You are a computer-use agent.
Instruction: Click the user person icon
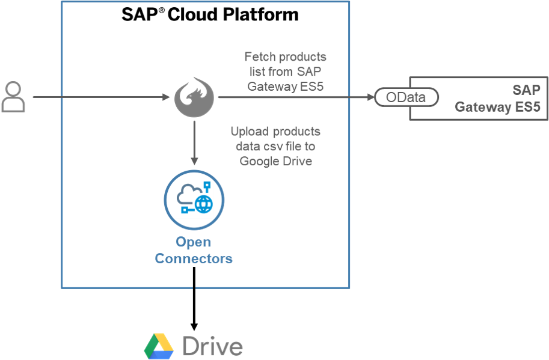[x=13, y=97]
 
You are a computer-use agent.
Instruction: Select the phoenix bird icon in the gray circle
[x=194, y=97]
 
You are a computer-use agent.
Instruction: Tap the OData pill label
[x=406, y=97]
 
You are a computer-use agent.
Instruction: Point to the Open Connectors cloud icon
[x=194, y=200]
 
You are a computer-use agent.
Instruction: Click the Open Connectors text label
[x=194, y=251]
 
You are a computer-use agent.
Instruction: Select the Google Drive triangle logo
[x=159, y=346]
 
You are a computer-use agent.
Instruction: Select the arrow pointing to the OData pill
[x=295, y=97]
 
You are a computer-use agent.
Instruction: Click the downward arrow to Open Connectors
[x=194, y=142]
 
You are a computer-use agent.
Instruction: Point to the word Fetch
[x=260, y=57]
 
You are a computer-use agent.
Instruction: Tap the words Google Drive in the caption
[x=276, y=161]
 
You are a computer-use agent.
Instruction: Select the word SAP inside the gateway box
[x=526, y=90]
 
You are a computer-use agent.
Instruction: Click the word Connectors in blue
[x=194, y=259]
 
